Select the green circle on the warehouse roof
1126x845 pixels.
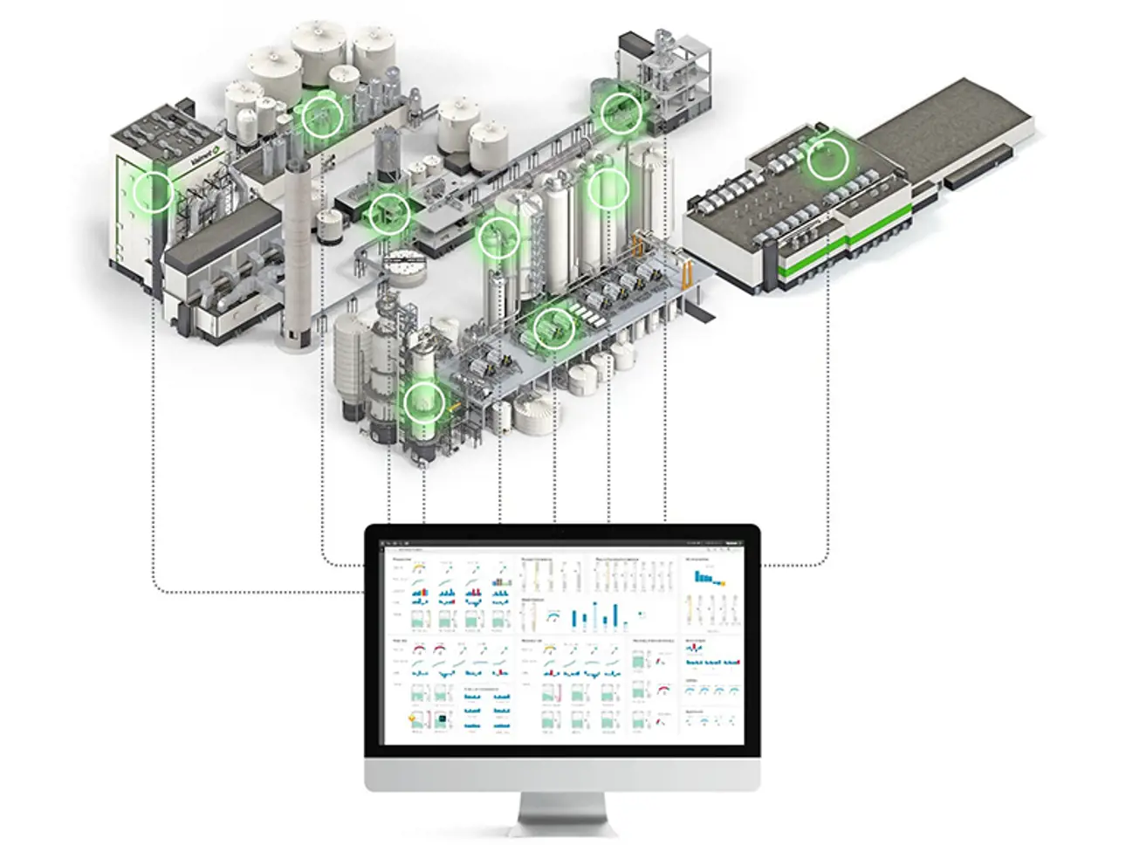coord(827,160)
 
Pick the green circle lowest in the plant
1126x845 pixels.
coord(423,403)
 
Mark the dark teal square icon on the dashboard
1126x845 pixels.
coord(443,718)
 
